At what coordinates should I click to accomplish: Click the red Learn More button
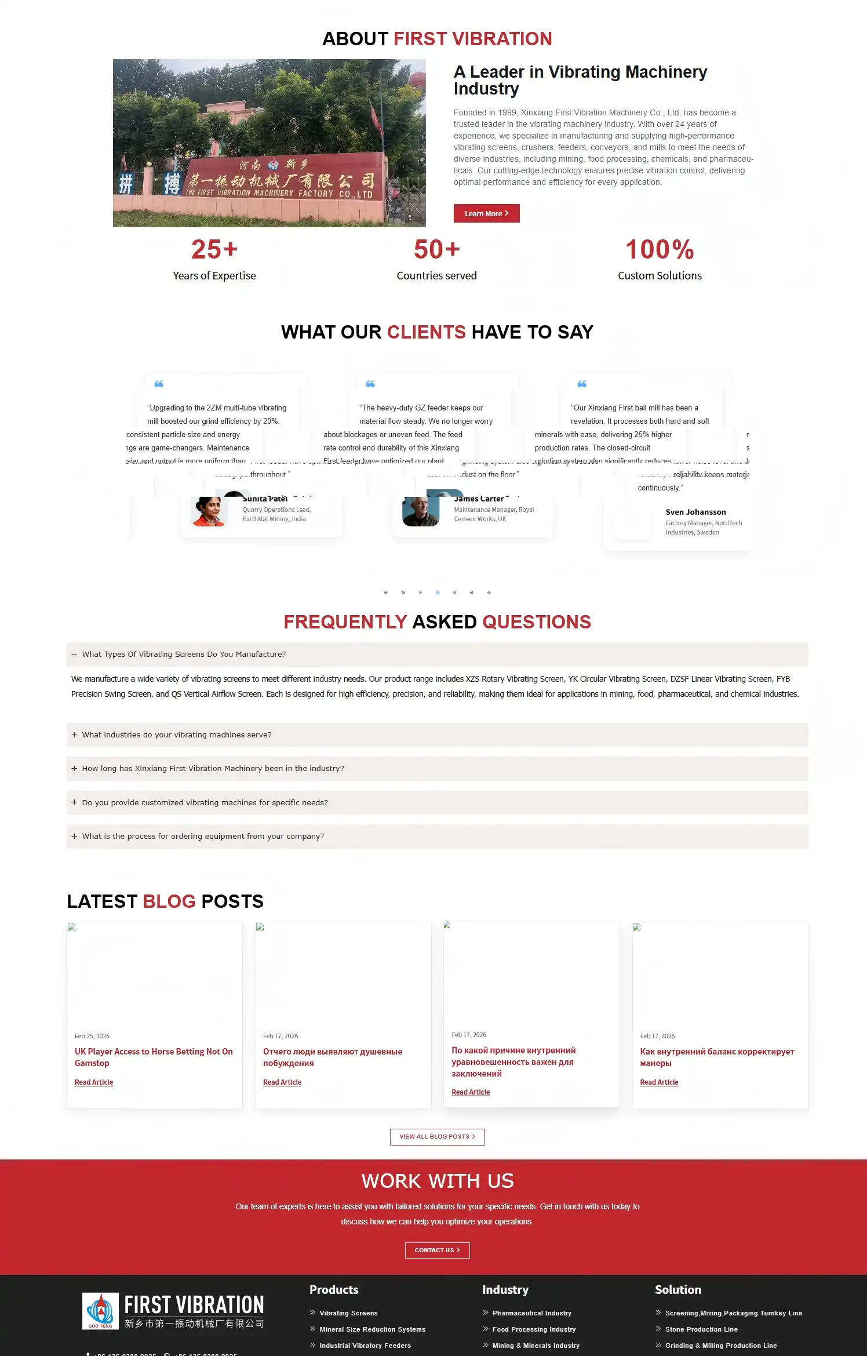click(486, 213)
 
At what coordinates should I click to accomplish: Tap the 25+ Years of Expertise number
click(214, 250)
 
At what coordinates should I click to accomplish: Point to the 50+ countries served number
click(436, 250)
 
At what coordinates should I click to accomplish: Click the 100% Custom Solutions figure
click(660, 250)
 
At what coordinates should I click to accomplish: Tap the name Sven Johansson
click(695, 512)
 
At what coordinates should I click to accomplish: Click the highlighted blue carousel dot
click(438, 592)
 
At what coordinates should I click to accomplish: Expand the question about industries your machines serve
click(177, 735)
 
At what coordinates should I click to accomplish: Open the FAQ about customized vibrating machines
click(205, 802)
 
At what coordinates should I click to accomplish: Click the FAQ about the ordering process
click(203, 836)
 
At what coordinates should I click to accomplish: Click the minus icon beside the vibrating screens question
click(74, 654)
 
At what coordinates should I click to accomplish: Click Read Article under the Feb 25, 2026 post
click(94, 1082)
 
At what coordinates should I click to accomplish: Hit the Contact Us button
click(437, 1250)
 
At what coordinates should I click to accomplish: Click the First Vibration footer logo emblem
click(100, 1310)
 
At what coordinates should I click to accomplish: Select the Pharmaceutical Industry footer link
click(531, 1313)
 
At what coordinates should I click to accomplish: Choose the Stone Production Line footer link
click(701, 1329)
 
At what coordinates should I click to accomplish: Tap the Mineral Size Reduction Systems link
click(372, 1329)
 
